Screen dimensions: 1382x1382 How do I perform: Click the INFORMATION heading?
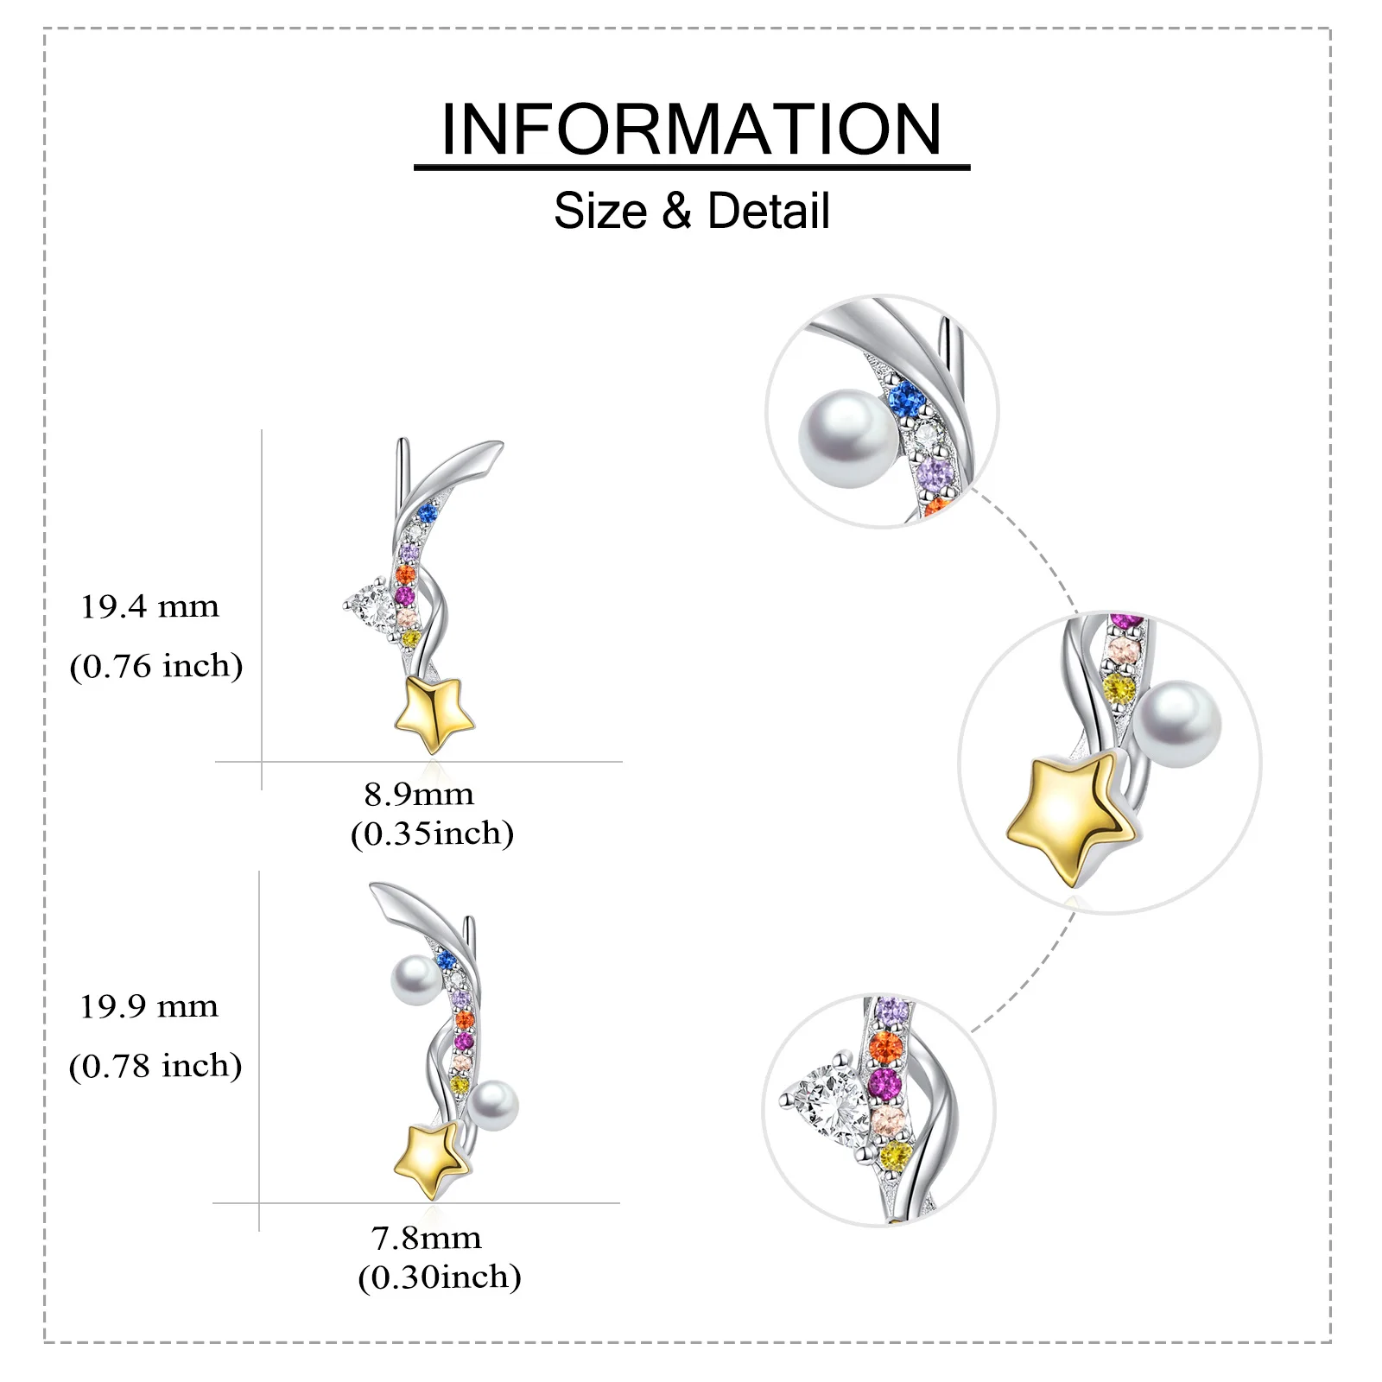point(691,130)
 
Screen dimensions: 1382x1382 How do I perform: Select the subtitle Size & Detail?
point(691,212)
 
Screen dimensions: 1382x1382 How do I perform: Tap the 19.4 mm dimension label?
point(149,607)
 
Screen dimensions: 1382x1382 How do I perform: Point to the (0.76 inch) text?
point(156,666)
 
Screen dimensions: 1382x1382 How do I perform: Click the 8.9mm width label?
point(419,794)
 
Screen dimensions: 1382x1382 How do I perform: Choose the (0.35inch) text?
point(432,834)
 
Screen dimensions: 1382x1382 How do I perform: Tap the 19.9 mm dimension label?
point(149,1007)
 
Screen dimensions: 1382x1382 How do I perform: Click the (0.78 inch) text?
point(155,1066)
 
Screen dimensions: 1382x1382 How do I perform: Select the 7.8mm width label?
point(426,1238)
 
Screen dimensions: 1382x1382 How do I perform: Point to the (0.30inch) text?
point(440,1277)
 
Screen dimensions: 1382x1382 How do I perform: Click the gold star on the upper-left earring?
point(434,713)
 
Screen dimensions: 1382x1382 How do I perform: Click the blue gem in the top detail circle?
point(907,398)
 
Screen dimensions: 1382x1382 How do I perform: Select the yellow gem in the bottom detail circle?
point(896,1154)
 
